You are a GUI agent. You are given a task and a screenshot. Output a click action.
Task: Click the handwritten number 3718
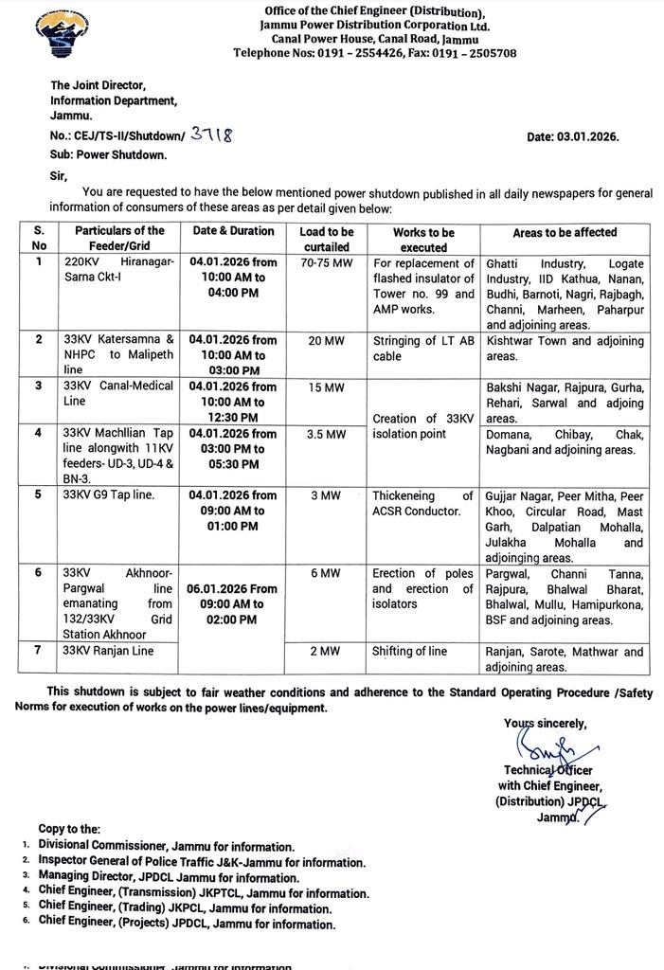(x=211, y=135)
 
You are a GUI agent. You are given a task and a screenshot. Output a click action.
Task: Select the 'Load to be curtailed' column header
(x=326, y=239)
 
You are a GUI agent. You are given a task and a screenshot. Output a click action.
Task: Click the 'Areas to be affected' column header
(x=565, y=232)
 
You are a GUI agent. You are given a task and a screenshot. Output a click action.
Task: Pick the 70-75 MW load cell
(x=326, y=263)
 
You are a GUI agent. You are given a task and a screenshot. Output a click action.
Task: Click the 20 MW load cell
(x=326, y=340)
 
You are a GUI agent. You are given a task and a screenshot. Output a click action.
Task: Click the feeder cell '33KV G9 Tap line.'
(x=107, y=495)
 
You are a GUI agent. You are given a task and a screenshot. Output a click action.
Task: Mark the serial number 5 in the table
(x=39, y=495)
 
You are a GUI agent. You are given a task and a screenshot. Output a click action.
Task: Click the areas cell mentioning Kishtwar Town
(x=565, y=348)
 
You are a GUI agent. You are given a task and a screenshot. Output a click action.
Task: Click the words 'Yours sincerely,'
(x=545, y=723)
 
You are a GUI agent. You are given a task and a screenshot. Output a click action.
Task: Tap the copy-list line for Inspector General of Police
(x=201, y=862)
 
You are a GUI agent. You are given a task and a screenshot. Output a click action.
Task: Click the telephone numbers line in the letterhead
(x=374, y=53)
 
